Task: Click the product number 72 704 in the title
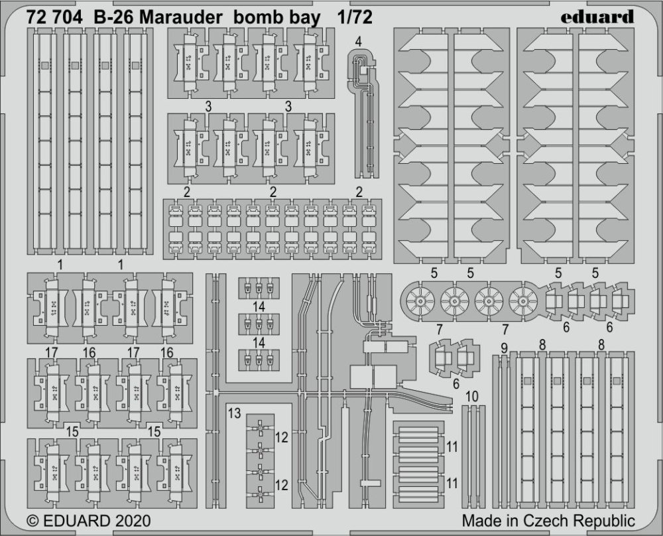pyautogui.click(x=54, y=17)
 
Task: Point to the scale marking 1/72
pyautogui.click(x=355, y=17)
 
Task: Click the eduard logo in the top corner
pyautogui.click(x=597, y=17)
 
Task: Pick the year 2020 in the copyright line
pyautogui.click(x=131, y=520)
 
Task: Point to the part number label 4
pyautogui.click(x=359, y=41)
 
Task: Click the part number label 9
pyautogui.click(x=504, y=348)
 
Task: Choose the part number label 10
pyautogui.click(x=472, y=397)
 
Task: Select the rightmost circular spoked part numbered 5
pyautogui.click(x=524, y=301)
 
